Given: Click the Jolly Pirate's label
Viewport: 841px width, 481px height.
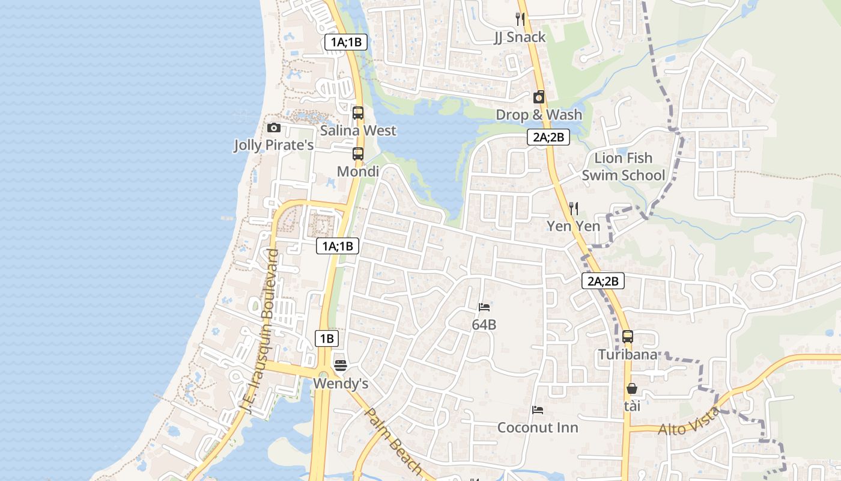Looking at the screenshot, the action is [273, 145].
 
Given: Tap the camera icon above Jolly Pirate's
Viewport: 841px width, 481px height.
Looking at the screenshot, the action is [274, 127].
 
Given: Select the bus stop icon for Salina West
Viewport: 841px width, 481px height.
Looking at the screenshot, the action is [358, 112].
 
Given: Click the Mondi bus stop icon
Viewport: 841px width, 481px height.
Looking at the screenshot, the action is [358, 153].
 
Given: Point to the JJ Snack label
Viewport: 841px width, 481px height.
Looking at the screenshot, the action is [520, 37].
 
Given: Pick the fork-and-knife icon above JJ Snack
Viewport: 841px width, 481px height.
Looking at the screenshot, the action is [520, 19].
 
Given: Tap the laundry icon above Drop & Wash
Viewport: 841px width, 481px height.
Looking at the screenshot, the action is [539, 97].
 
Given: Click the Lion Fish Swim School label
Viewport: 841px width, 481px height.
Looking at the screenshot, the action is [624, 167].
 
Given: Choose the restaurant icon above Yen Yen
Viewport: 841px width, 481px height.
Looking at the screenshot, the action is [574, 208].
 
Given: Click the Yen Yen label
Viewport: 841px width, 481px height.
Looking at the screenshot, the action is [573, 226].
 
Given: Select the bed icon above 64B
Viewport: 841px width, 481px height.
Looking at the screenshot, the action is [484, 307].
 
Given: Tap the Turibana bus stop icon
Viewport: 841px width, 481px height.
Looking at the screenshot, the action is [628, 337].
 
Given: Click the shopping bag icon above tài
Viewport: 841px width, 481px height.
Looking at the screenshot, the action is [631, 388].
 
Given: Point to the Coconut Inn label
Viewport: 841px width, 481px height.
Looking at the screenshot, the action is [538, 427].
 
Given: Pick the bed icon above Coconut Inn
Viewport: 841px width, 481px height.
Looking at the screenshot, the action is [538, 410].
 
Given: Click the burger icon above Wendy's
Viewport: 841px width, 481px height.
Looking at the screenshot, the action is [341, 365].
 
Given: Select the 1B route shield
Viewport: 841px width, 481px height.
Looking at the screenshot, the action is [326, 339].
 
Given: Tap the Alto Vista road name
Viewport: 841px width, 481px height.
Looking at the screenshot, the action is [689, 421].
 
